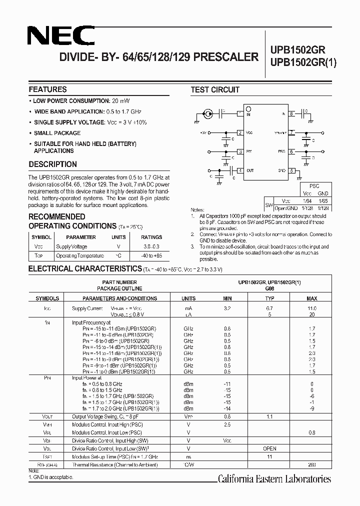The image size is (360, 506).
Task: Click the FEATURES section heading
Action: pyautogui.click(x=47, y=89)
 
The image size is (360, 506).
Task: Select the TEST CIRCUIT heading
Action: pyautogui.click(x=215, y=90)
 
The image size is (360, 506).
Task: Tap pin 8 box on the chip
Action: pyautogui.click(x=291, y=114)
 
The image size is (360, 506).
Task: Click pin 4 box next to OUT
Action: pyautogui.click(x=240, y=170)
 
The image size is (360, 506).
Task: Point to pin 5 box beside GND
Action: pyautogui.click(x=291, y=170)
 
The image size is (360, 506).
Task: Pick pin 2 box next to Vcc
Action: pyautogui.click(x=240, y=132)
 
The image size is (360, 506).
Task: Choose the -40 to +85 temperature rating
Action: pyautogui.click(x=151, y=255)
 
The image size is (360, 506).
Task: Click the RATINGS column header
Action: pyautogui.click(x=151, y=237)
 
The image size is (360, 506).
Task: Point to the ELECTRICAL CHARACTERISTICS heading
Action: pyautogui.click(x=85, y=269)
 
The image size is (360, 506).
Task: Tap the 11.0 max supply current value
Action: pyautogui.click(x=311, y=308)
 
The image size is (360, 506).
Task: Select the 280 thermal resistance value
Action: pyautogui.click(x=311, y=465)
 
